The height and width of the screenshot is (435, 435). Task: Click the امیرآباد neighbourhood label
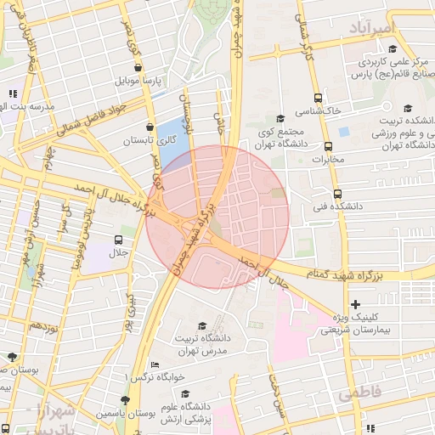click(x=372, y=28)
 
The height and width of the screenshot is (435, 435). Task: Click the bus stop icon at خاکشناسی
click(x=318, y=98)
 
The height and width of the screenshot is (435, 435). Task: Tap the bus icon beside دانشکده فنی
click(x=338, y=194)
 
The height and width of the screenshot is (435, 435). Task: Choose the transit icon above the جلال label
click(x=118, y=239)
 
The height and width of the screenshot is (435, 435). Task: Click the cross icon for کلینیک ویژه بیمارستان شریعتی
click(x=355, y=304)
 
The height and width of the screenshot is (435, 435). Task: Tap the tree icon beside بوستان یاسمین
click(x=126, y=399)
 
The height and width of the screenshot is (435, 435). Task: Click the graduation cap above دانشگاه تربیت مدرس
click(x=202, y=325)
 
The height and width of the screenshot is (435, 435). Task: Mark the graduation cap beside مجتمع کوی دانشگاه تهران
click(x=281, y=119)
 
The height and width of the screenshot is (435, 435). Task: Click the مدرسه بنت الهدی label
click(x=30, y=106)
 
